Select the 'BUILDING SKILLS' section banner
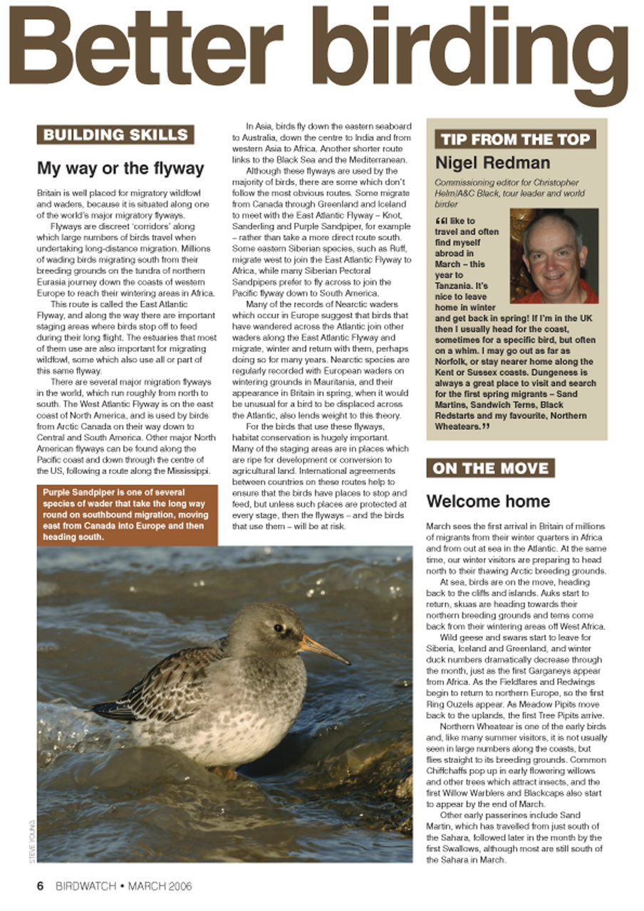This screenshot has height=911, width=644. point(115,135)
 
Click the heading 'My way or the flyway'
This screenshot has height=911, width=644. point(120,169)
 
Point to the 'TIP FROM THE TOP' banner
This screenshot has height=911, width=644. point(514,139)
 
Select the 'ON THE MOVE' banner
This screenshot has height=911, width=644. point(490,468)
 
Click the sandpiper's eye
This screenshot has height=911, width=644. point(279,628)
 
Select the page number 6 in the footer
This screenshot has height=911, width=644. point(41,886)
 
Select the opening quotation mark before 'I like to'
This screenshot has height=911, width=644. point(440,221)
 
